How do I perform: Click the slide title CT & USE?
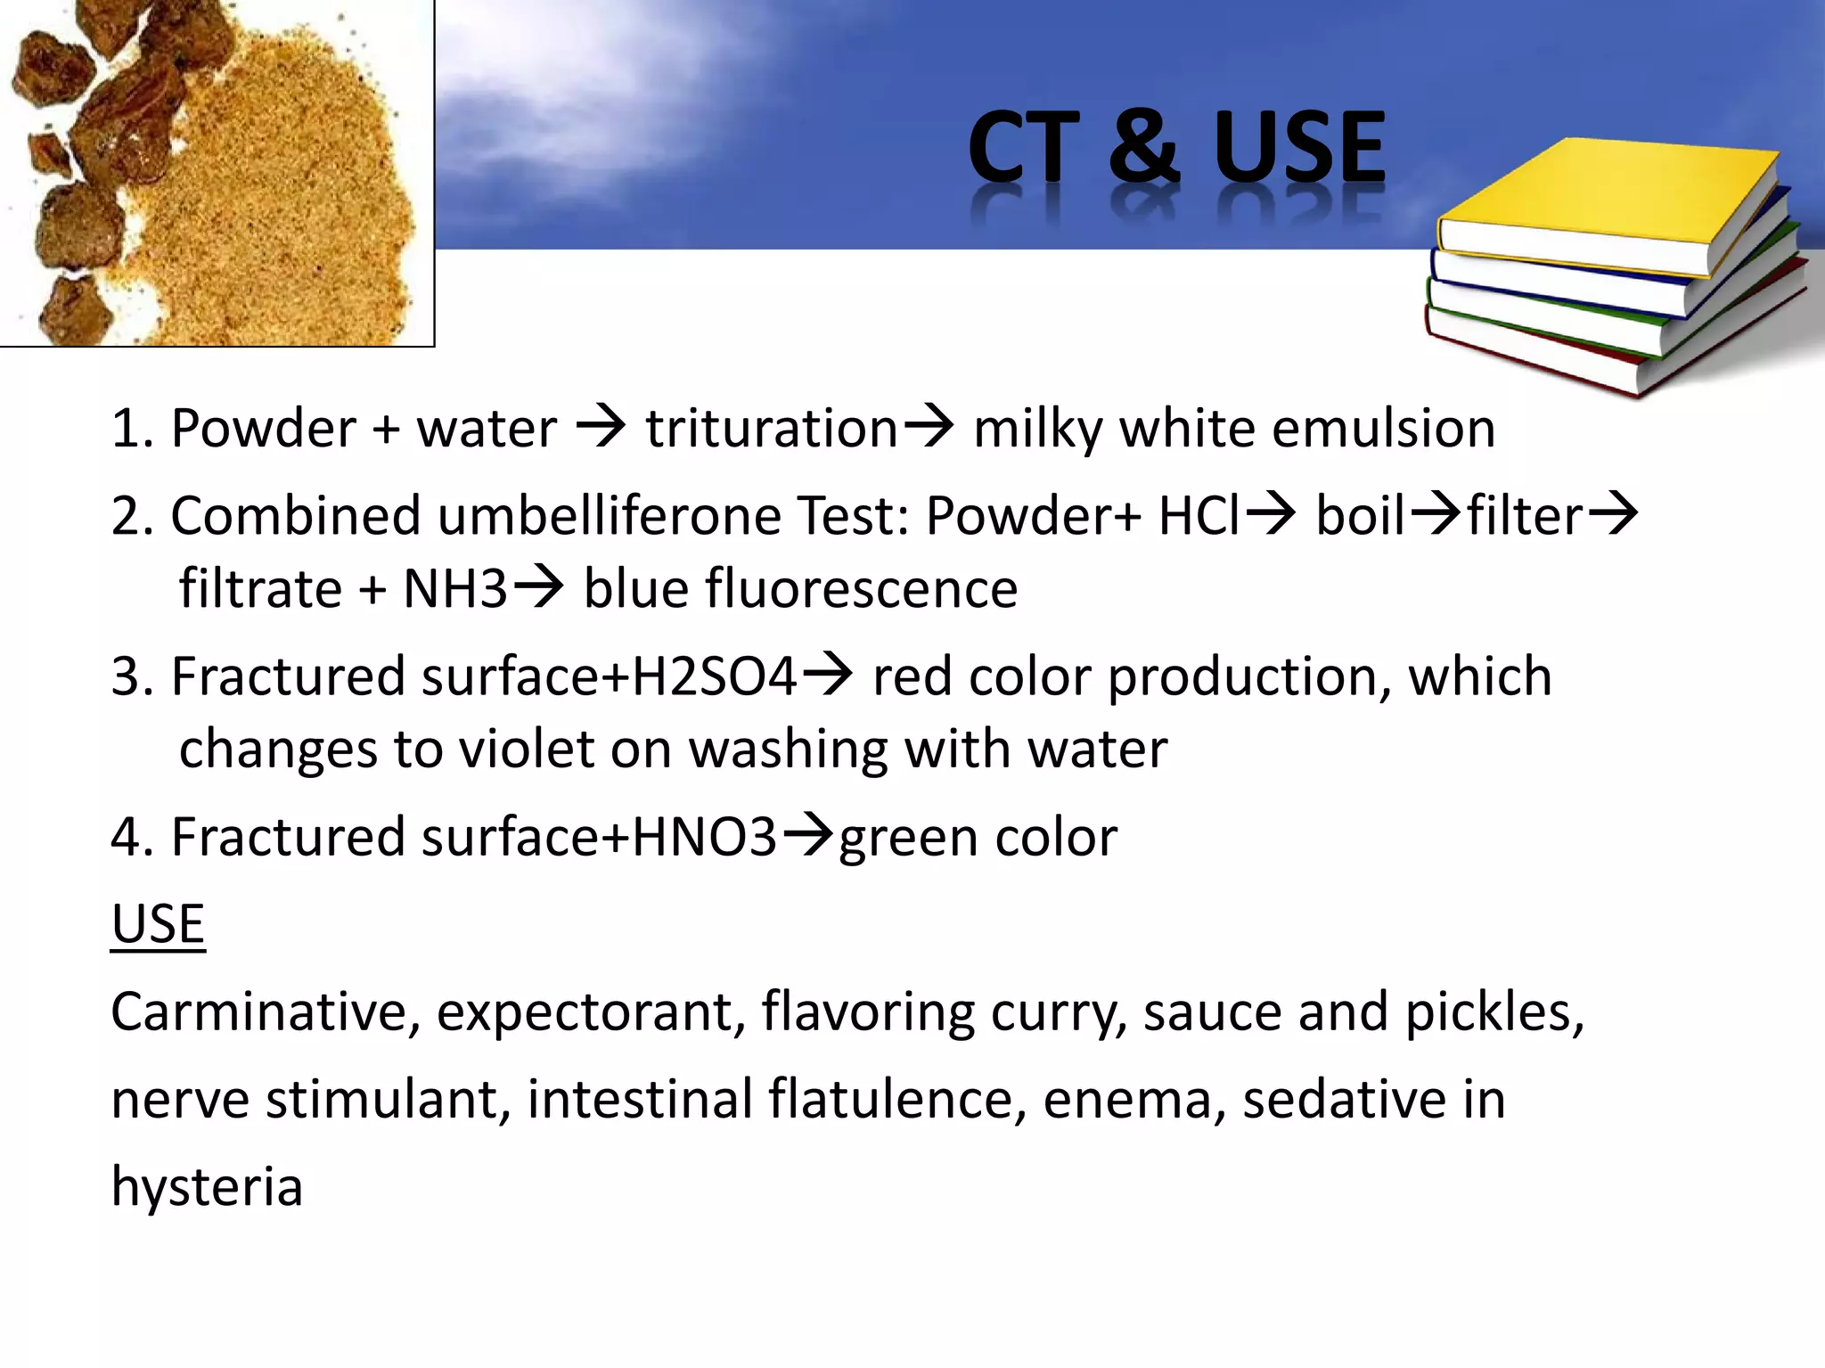click(x=1176, y=147)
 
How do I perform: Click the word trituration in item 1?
click(x=772, y=429)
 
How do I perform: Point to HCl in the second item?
click(x=1199, y=516)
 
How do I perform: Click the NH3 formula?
click(x=455, y=589)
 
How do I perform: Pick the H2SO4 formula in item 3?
click(x=714, y=676)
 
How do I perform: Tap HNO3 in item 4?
click(x=704, y=837)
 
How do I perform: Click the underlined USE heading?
click(x=158, y=924)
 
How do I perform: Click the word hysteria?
click(x=207, y=1187)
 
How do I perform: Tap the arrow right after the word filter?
click(x=1614, y=514)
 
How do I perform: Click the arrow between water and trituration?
click(x=601, y=427)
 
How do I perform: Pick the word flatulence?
click(x=890, y=1100)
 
